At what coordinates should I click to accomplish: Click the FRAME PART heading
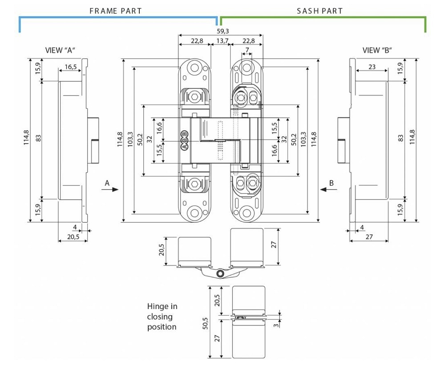tap(116, 11)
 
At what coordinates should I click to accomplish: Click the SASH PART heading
tap(320, 11)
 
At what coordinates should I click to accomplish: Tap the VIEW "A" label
tap(61, 50)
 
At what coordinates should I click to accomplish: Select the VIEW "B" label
tap(377, 50)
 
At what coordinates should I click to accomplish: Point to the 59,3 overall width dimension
tap(222, 31)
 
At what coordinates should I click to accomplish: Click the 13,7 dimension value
tap(222, 41)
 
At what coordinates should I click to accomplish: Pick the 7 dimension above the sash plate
tap(247, 50)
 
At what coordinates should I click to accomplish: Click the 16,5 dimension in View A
tap(71, 67)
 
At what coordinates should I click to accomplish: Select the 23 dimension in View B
tap(372, 67)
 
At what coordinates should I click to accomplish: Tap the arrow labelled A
tap(110, 189)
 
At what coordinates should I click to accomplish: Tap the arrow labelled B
tap(328, 189)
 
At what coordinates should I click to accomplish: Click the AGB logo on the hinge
tap(185, 140)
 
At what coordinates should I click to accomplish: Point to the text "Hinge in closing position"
tap(162, 317)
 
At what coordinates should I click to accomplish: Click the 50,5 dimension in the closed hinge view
tap(205, 323)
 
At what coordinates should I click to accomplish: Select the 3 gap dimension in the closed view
tap(276, 325)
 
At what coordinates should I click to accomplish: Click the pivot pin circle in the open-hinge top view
tap(220, 274)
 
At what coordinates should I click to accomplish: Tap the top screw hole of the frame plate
tap(195, 68)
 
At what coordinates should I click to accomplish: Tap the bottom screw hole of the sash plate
tap(246, 213)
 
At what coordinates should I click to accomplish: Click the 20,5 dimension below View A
tap(73, 237)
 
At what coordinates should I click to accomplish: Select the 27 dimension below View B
tap(369, 237)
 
